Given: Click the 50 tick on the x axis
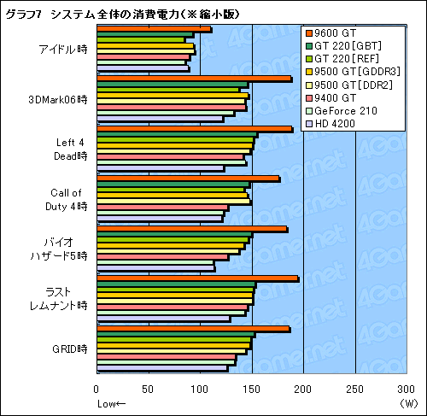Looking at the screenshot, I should click(x=149, y=390).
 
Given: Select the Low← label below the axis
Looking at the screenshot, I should click(x=111, y=403).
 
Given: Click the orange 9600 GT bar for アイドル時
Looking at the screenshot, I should click(x=154, y=30).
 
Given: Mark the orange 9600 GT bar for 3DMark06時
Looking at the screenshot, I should click(x=194, y=79).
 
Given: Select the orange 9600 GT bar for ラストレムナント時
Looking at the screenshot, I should click(x=197, y=278).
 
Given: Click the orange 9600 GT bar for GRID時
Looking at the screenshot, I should click(x=193, y=329).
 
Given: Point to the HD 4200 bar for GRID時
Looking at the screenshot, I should click(x=162, y=369).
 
